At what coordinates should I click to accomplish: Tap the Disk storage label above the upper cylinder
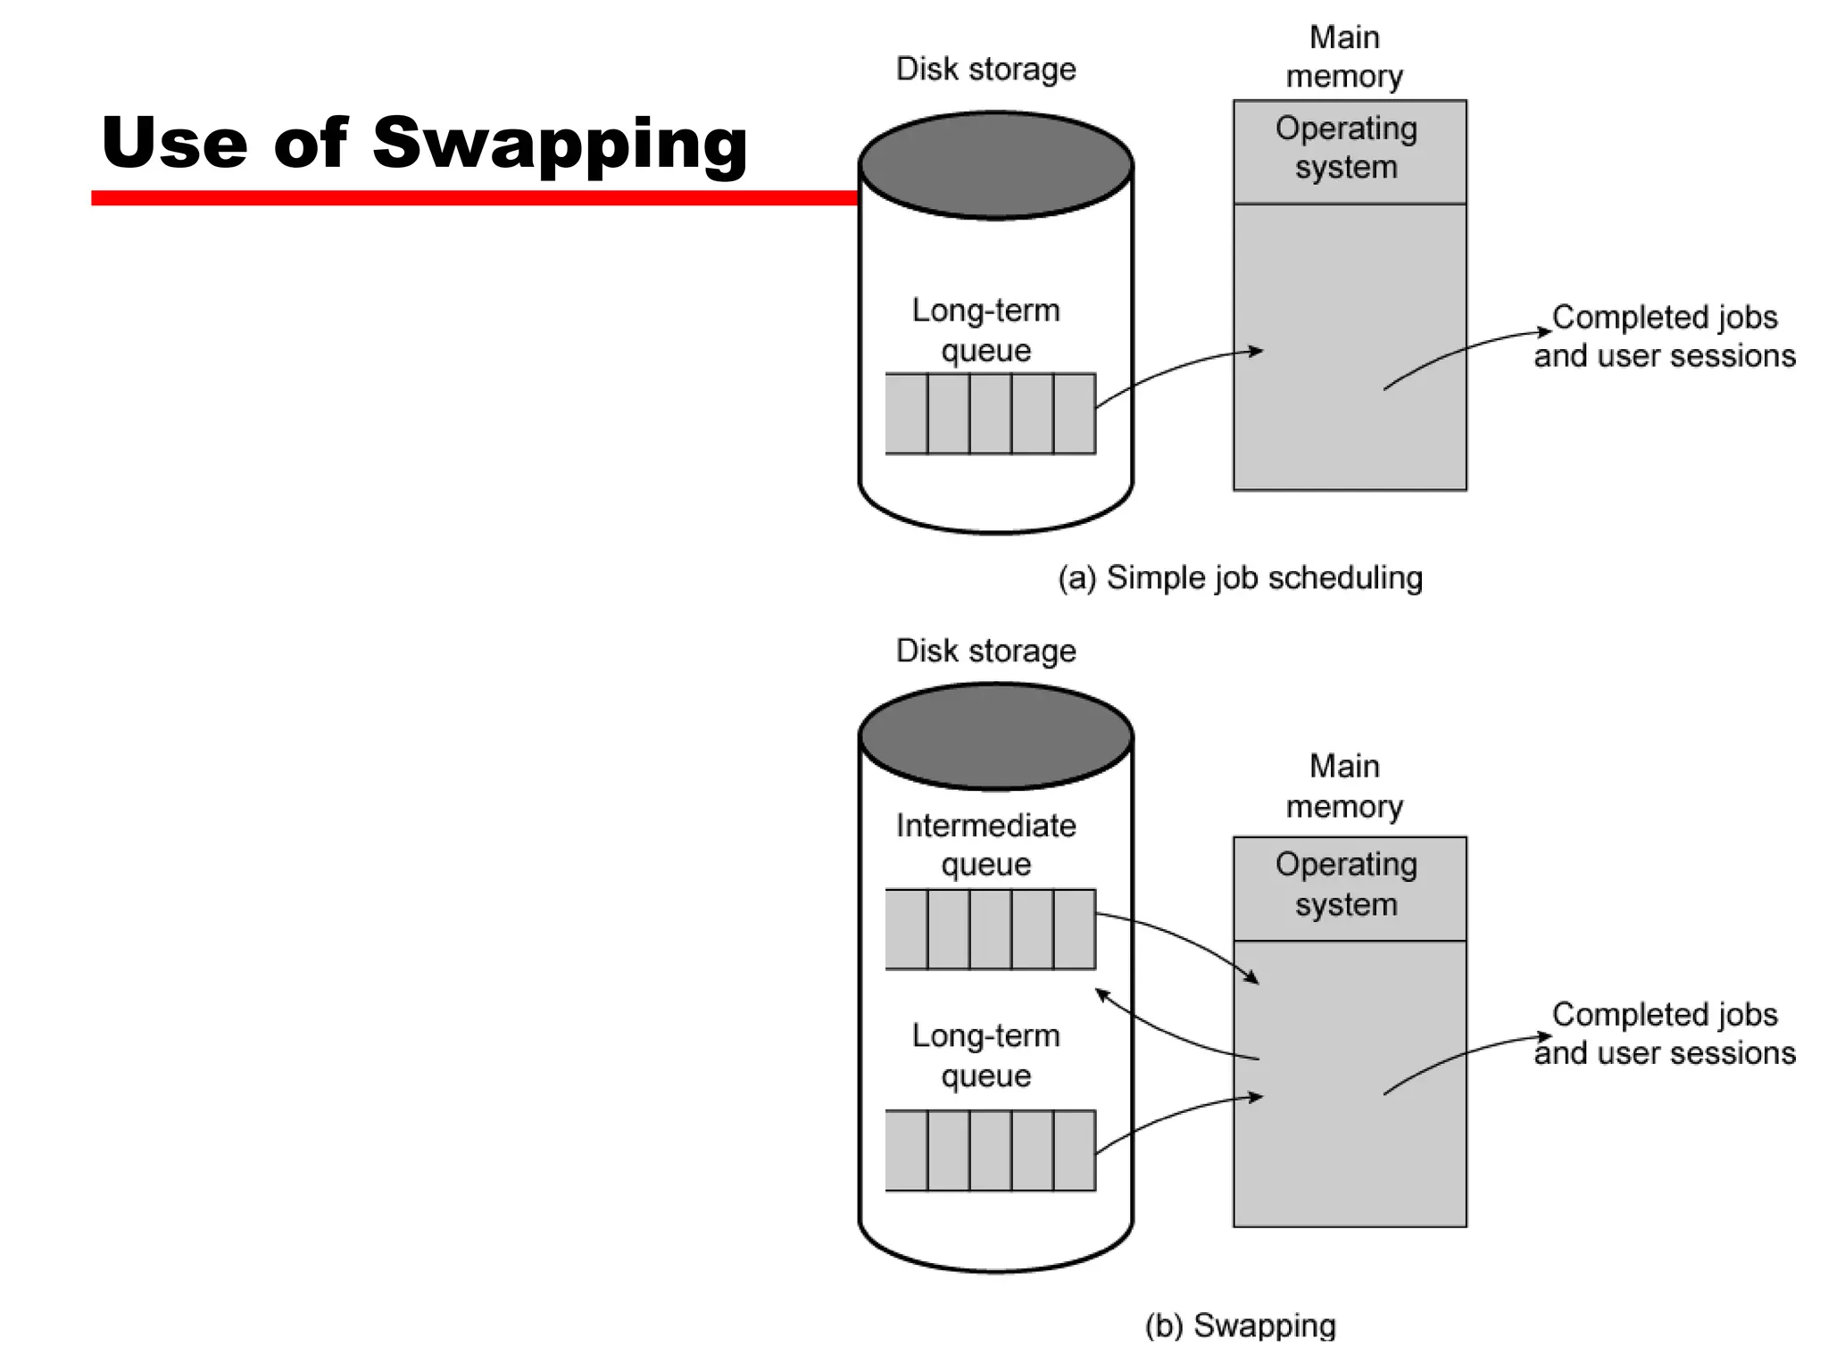tap(985, 70)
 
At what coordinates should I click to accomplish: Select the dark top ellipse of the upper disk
tap(995, 165)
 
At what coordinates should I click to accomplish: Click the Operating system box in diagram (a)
tap(1349, 151)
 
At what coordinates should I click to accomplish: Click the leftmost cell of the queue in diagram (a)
tap(906, 413)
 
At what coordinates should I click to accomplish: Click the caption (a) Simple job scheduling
tap(1240, 577)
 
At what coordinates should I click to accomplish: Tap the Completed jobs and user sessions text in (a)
tap(1664, 337)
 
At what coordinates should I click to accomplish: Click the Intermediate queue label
tap(985, 844)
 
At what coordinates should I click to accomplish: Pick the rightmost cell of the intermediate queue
tap(1075, 929)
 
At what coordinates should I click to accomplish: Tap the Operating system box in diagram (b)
tap(1349, 887)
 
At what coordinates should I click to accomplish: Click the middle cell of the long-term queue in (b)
tap(990, 1151)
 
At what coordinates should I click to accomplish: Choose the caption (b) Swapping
tap(1240, 1325)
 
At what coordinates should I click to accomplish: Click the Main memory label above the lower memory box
tap(1344, 786)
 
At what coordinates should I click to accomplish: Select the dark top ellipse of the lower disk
tap(995, 737)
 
